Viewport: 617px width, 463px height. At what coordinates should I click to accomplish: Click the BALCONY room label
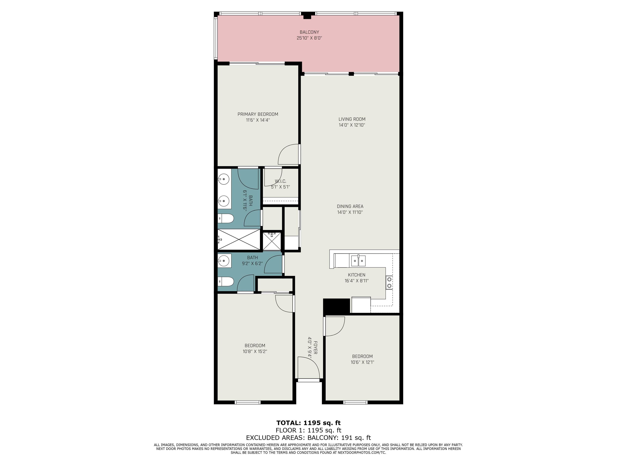pos(309,32)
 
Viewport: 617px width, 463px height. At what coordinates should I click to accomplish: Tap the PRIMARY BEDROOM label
pos(258,114)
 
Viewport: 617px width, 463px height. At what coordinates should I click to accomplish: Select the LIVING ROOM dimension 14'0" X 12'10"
pos(352,125)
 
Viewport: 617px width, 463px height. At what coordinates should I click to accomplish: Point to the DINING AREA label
pos(350,206)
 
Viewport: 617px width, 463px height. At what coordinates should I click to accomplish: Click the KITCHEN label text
pos(357,275)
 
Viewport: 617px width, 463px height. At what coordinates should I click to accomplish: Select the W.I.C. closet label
pos(280,181)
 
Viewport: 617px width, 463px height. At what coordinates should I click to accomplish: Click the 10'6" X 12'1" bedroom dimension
pos(362,362)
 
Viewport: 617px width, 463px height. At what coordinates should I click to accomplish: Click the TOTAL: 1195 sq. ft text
pos(308,423)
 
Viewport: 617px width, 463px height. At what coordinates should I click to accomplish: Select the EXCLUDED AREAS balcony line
pos(308,438)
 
